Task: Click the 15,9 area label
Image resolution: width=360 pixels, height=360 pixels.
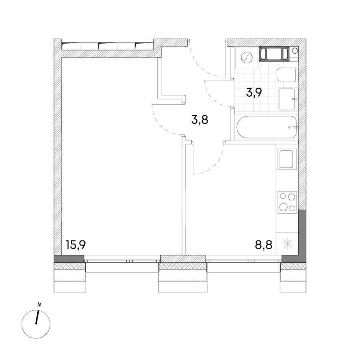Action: (76, 245)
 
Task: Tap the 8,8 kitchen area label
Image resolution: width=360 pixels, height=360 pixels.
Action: (264, 245)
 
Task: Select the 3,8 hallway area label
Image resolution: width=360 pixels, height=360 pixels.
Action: (200, 120)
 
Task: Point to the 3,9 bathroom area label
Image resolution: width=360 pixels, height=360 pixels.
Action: (254, 92)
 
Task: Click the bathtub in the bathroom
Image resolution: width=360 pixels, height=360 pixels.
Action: (267, 127)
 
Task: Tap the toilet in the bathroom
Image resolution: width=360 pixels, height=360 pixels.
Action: (286, 74)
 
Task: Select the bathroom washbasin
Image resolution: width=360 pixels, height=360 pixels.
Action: (288, 98)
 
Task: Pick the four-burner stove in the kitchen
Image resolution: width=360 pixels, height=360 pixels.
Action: (287, 202)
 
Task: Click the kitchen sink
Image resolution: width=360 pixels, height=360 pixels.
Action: (287, 159)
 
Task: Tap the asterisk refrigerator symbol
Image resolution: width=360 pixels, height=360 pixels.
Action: (287, 244)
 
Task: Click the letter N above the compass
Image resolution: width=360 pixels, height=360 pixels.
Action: (39, 305)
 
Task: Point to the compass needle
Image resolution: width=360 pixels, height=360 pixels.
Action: (37, 317)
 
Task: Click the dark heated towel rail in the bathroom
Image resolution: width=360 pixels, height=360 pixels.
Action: (274, 54)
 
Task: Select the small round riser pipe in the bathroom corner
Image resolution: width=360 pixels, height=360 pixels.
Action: (294, 50)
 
